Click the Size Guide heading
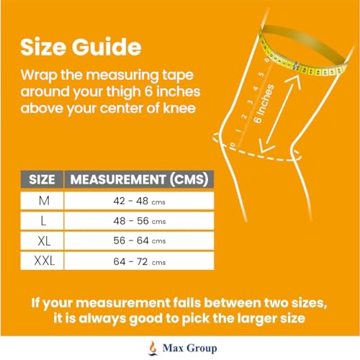click(x=80, y=47)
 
